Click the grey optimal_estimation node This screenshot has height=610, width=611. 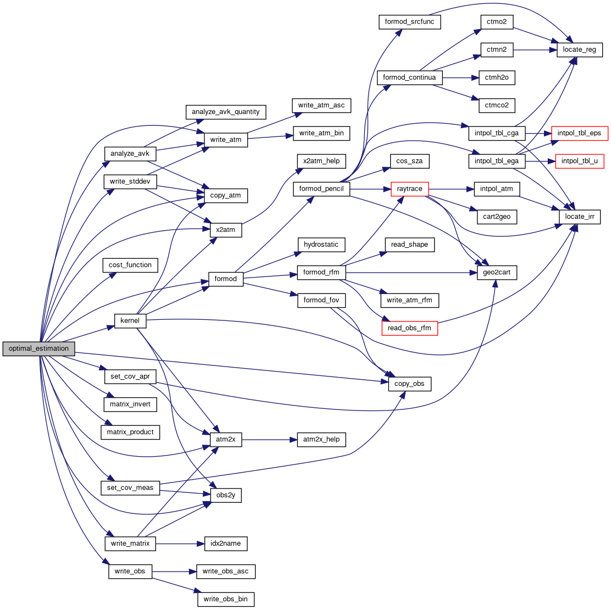pos(38,348)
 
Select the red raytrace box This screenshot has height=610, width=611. pos(409,189)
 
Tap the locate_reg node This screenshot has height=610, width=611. pos(580,49)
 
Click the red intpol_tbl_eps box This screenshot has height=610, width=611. pos(579,134)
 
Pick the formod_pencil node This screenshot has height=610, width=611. pos(321,189)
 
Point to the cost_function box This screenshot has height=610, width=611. pos(130,265)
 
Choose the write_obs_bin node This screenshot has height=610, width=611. pos(226,598)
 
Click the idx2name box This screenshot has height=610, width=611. pos(225,544)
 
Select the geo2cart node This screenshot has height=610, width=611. pos(497,273)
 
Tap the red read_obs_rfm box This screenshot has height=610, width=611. pos(409,328)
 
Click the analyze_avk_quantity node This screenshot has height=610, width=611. pos(225,112)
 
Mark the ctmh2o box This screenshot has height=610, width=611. pos(497,77)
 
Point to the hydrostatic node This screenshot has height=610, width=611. pos(321,244)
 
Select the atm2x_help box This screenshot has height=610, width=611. pos(321,439)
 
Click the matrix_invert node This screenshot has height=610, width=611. pos(130,404)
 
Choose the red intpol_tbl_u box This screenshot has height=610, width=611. pos(579,161)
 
